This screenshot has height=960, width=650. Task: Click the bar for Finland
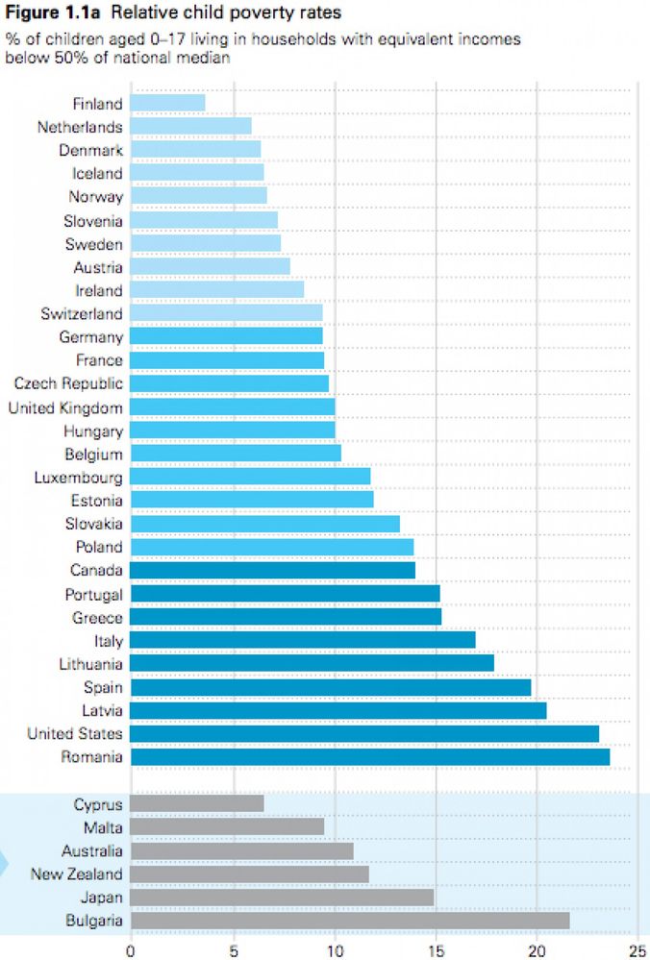[167, 103]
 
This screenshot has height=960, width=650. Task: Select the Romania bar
[369, 757]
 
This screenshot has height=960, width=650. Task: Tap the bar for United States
[364, 734]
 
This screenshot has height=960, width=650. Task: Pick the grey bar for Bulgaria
[350, 921]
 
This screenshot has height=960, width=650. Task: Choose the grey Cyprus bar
[197, 803]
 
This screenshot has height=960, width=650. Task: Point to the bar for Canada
[272, 570]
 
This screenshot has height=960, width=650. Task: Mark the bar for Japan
[282, 898]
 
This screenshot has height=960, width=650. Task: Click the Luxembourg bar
[250, 477]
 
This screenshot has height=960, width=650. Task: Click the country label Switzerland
[82, 313]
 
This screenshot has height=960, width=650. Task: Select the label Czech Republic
[68, 383]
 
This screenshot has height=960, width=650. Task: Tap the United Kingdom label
[65, 407]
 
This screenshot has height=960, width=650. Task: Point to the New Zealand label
[77, 874]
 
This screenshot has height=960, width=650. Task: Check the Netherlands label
[80, 127]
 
